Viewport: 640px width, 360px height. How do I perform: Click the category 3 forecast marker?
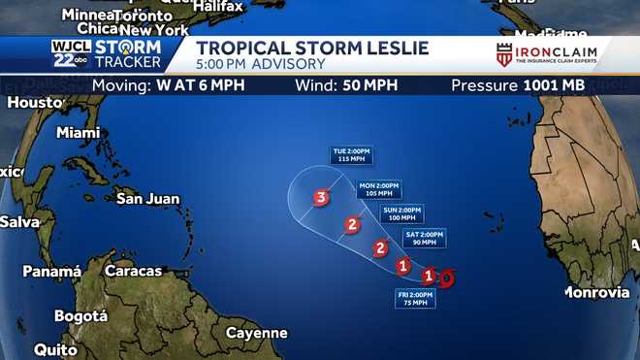pyautogui.click(x=321, y=199)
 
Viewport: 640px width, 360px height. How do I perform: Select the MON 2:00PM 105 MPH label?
pyautogui.click(x=379, y=189)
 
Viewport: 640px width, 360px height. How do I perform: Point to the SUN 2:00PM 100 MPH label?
pyautogui.click(x=402, y=214)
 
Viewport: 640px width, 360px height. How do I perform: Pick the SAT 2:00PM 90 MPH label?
pyautogui.click(x=424, y=238)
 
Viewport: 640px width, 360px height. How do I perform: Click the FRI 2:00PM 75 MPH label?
pyautogui.click(x=415, y=298)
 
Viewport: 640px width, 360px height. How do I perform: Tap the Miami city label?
pyautogui.click(x=79, y=132)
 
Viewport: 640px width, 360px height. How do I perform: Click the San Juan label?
pyautogui.click(x=147, y=199)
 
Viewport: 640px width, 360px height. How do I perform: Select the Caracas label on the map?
pyautogui.click(x=133, y=271)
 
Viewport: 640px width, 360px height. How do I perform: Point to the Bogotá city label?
pyautogui.click(x=80, y=316)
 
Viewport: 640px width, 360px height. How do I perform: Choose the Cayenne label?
pyautogui.click(x=256, y=333)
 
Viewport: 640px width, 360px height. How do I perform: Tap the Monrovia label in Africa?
pyautogui.click(x=597, y=292)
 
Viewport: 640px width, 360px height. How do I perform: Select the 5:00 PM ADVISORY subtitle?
pyautogui.click(x=261, y=64)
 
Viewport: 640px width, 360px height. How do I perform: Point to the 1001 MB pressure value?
pyautogui.click(x=555, y=85)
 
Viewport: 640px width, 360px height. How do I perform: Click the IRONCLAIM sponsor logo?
pyautogui.click(x=548, y=54)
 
